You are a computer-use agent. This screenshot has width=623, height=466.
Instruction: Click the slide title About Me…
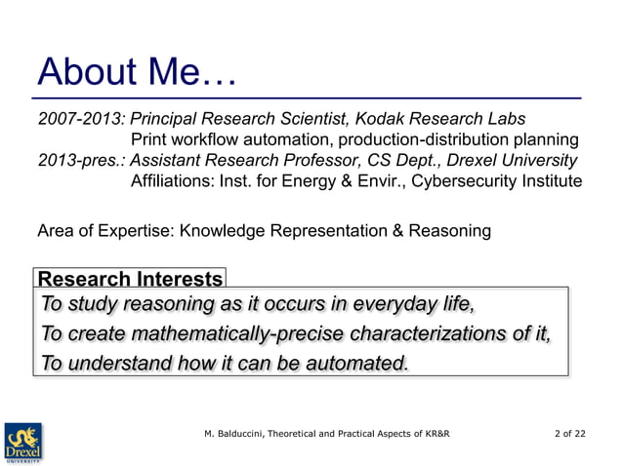137,72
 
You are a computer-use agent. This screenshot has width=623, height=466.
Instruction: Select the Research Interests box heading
129,278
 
